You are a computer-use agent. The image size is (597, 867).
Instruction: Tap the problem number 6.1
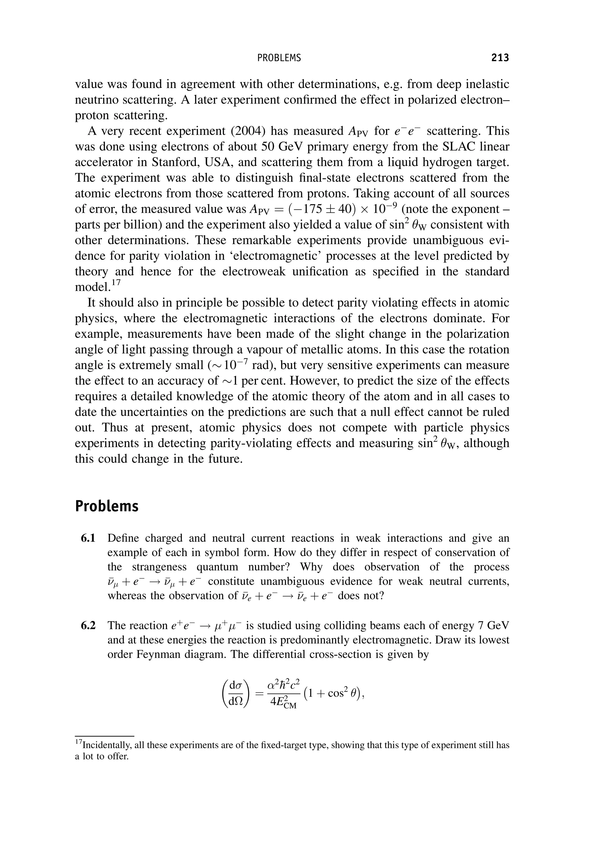pos(88,538)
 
